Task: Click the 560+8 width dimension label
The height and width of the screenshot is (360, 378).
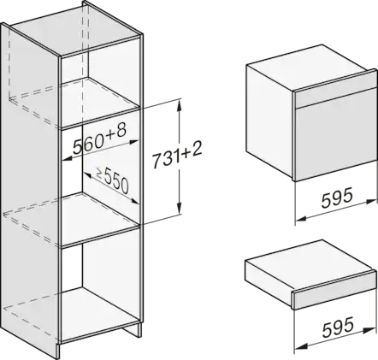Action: [x=99, y=139]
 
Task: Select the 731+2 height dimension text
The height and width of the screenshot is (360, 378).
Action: [x=176, y=156]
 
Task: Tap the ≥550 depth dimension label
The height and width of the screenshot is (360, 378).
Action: [x=112, y=180]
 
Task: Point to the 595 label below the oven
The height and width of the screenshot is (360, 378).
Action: [x=337, y=198]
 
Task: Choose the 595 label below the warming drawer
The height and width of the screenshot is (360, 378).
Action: [x=338, y=327]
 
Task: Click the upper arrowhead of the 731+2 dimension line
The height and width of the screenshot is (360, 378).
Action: [x=179, y=106]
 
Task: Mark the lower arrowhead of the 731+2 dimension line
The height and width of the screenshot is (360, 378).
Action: [x=179, y=208]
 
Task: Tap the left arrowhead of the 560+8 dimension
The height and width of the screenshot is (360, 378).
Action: [x=67, y=158]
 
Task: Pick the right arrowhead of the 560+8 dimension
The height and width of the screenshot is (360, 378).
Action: [x=133, y=141]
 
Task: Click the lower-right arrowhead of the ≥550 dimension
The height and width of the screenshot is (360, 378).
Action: [x=134, y=201]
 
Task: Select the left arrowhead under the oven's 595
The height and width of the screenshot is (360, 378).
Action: [x=301, y=219]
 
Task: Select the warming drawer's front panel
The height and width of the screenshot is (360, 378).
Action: [x=337, y=291]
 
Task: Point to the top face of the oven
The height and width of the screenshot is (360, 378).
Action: [x=310, y=68]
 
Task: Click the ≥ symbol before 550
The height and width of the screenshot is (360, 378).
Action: [x=99, y=173]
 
